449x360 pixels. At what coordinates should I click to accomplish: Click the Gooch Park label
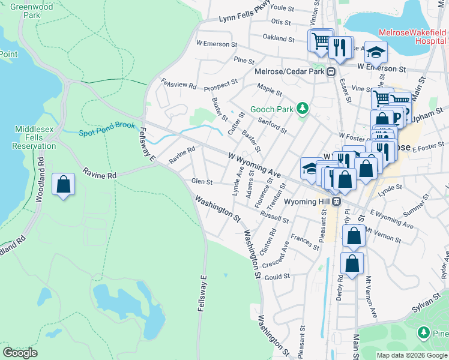pyautogui.click(x=275, y=109)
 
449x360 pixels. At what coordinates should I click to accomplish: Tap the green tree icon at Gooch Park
pyautogui.click(x=304, y=108)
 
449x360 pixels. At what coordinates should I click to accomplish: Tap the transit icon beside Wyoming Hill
pyautogui.click(x=337, y=201)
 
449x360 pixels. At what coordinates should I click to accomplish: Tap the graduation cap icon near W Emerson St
pyautogui.click(x=376, y=53)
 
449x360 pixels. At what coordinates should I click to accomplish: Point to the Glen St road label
pyautogui.click(x=201, y=181)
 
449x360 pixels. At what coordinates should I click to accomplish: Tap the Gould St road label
pyautogui.click(x=278, y=276)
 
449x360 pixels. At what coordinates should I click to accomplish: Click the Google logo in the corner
pyautogui.click(x=20, y=353)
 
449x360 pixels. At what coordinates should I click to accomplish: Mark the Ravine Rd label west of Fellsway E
pyautogui.click(x=100, y=174)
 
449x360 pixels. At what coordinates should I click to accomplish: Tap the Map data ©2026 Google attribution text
pyautogui.click(x=411, y=355)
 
